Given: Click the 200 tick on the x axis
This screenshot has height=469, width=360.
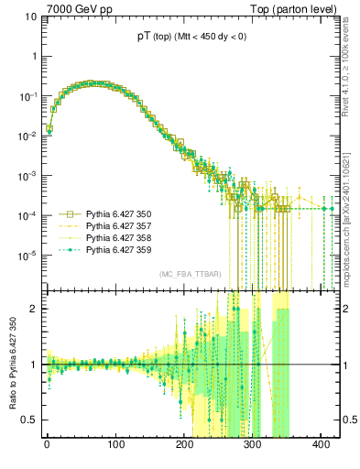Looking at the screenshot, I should click(184, 443).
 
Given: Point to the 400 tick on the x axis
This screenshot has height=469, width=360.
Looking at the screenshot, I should click(322, 443).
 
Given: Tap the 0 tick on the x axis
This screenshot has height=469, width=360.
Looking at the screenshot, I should click(47, 443).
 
